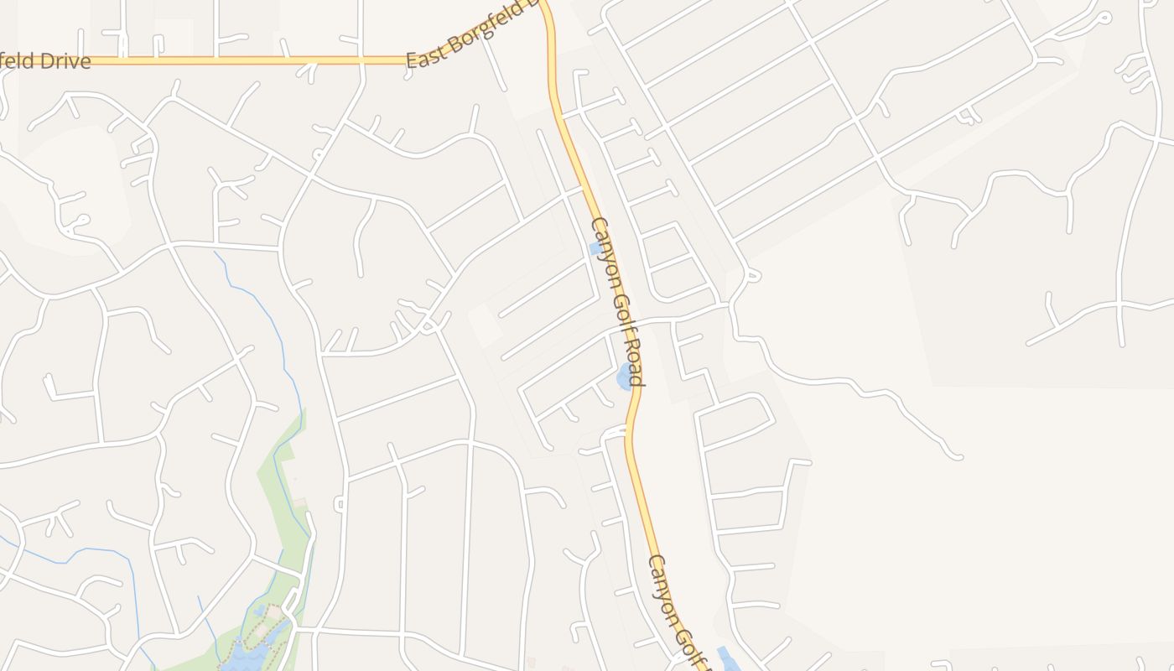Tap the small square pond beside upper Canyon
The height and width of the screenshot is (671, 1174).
[595, 248]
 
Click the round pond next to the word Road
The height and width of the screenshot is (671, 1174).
[625, 377]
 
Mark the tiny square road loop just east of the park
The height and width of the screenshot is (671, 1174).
[340, 503]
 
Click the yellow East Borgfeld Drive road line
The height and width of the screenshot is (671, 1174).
[252, 60]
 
